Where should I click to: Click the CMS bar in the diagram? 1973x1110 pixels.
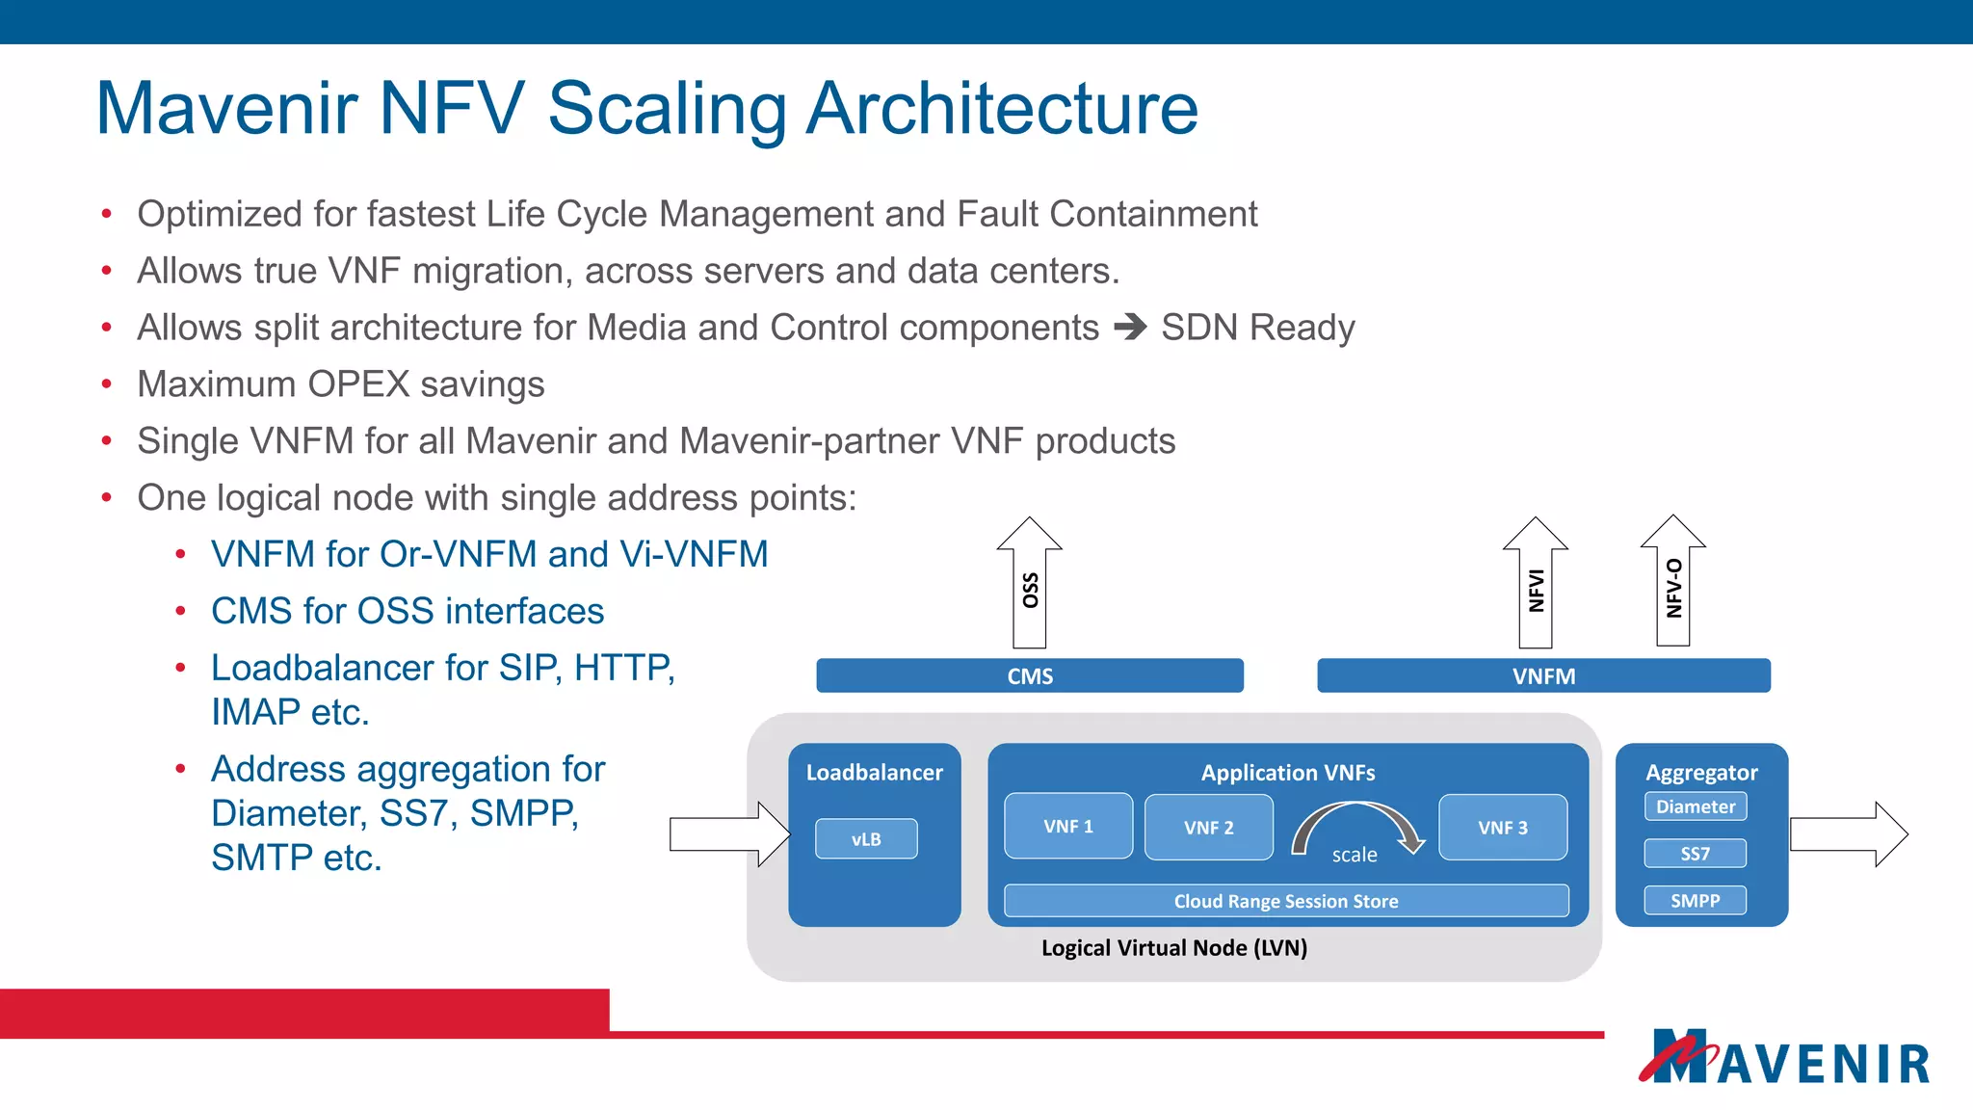pos(1029,675)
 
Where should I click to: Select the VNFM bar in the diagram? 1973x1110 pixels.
pos(1543,675)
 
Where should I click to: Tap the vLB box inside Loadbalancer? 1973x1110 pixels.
pos(866,838)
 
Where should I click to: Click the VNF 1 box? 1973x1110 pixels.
pos(1068,826)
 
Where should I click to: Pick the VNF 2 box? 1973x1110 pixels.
pos(1208,827)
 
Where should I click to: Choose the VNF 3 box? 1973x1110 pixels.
pos(1503,827)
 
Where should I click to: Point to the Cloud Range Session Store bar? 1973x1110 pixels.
pos(1286,901)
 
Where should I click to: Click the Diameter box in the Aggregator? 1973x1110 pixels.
pos(1696,806)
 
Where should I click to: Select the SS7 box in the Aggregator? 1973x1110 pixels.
pos(1696,854)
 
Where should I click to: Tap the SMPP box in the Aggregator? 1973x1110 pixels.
pos(1696,901)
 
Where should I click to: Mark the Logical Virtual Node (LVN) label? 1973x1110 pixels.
pos(1174,948)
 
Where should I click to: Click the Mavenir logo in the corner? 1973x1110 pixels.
pos(1785,1058)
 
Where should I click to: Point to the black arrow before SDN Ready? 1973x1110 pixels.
pos(1130,328)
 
